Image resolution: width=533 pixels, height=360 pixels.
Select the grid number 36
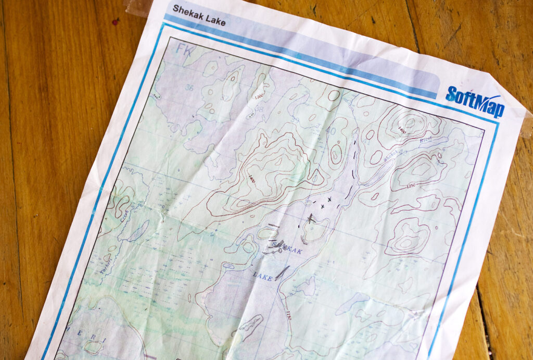pyautogui.click(x=189, y=88)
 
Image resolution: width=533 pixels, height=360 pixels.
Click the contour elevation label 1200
pyautogui.click(x=259, y=97)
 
